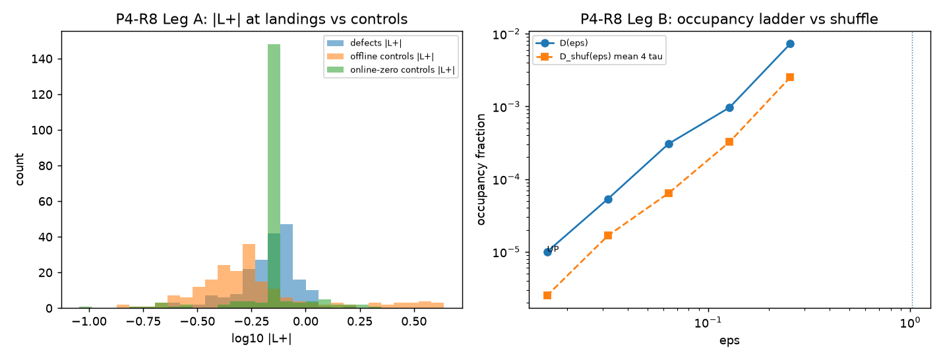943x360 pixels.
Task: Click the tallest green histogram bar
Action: [274, 176]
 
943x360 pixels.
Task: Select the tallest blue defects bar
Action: [286, 266]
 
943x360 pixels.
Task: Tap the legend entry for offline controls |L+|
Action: [380, 57]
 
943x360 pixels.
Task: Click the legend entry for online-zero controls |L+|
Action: [390, 70]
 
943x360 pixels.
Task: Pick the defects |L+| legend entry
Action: [365, 43]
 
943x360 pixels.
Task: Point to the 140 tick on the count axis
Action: [42, 59]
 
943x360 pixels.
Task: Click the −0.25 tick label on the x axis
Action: [251, 322]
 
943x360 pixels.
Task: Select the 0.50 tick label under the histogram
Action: [414, 322]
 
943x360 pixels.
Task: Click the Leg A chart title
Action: [262, 19]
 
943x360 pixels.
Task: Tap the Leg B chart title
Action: [729, 19]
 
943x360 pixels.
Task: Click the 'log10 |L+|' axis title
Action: [261, 338]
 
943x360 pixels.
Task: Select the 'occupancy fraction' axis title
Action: [480, 169]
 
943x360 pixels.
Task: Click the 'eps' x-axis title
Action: [729, 340]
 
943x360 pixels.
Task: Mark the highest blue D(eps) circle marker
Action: [790, 44]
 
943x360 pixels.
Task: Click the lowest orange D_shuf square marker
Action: [547, 295]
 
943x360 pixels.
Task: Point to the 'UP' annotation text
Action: [553, 249]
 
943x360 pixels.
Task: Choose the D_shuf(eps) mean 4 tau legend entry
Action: [599, 57]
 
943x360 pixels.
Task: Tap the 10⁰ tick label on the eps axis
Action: [910, 323]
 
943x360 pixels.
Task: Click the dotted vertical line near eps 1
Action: [912, 169]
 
